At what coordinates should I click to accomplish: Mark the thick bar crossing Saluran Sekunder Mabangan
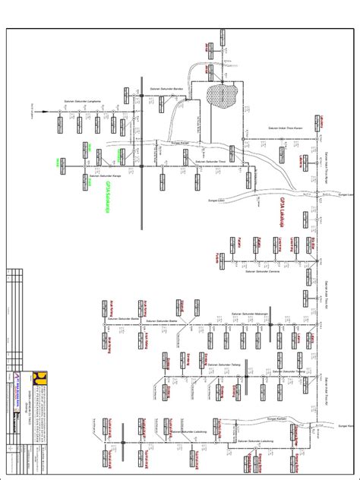click(x=270, y=324)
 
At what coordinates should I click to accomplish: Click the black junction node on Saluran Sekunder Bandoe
click(x=141, y=94)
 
